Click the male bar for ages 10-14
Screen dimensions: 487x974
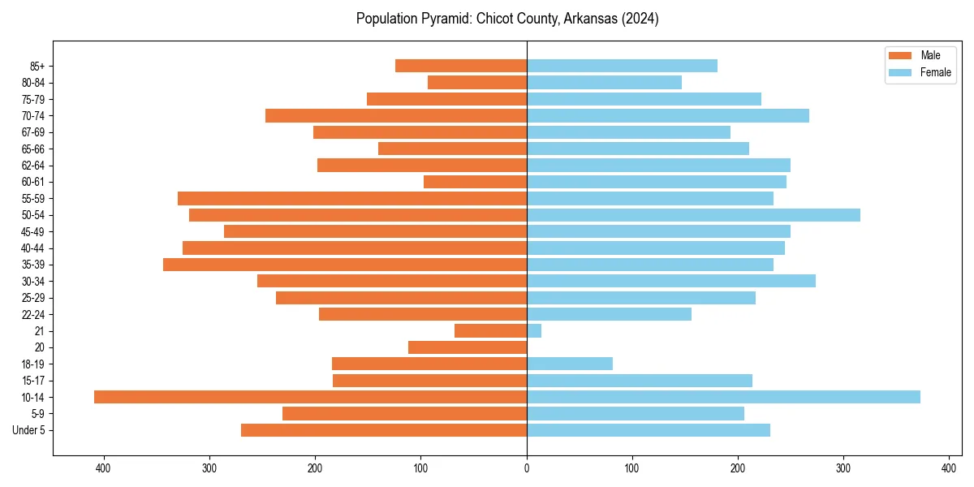click(x=310, y=397)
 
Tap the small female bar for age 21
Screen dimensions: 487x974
click(x=534, y=330)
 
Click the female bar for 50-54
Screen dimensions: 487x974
click(x=693, y=215)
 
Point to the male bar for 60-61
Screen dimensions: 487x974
click(x=475, y=182)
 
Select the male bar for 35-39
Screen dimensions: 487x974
click(x=345, y=265)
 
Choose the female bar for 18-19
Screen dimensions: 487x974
click(x=570, y=364)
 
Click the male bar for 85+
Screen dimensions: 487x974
click(x=461, y=66)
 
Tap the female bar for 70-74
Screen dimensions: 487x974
click(x=668, y=115)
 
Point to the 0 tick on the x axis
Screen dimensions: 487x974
click(x=527, y=468)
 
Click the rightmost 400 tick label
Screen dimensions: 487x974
click(x=949, y=468)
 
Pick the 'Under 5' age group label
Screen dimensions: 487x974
click(x=28, y=430)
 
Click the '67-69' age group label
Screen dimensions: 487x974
click(x=33, y=132)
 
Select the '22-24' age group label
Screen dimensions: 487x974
click(x=33, y=314)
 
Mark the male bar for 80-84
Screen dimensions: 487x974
click(x=477, y=82)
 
